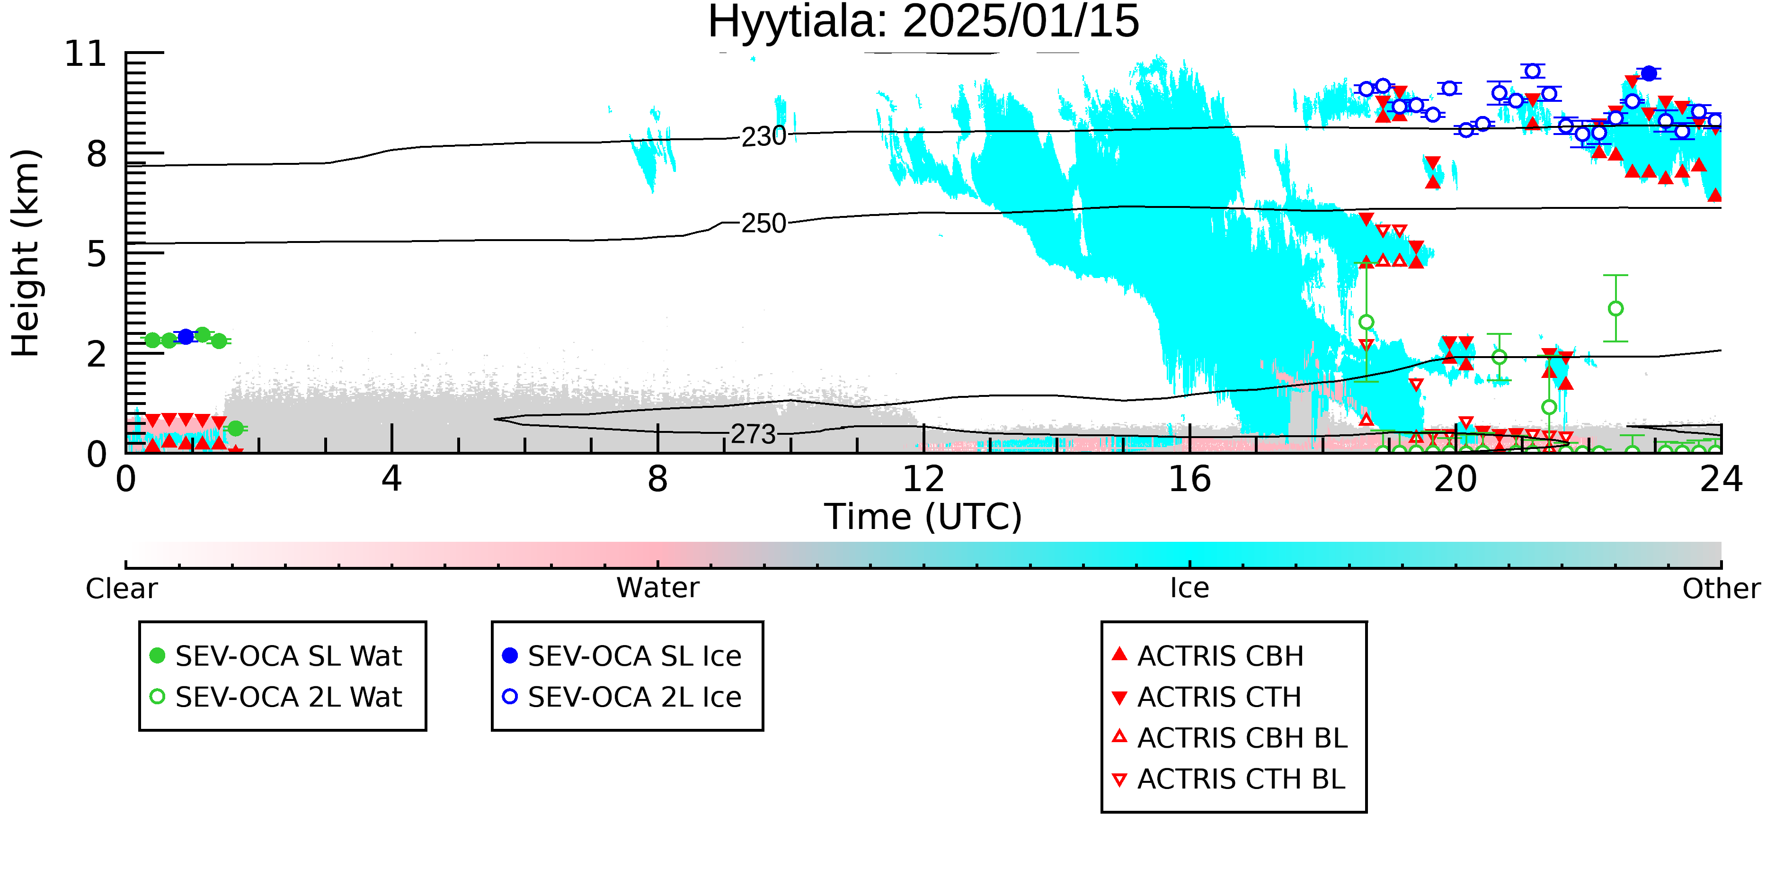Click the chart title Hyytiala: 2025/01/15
[x=923, y=22]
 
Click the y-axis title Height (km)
[x=26, y=253]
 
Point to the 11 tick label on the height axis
[x=86, y=54]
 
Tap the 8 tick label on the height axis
[x=97, y=154]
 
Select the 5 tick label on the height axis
[x=97, y=254]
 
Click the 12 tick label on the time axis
[x=923, y=479]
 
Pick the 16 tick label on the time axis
[x=1189, y=479]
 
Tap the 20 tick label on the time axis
[x=1455, y=479]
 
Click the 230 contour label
[x=763, y=136]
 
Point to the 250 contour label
[x=763, y=224]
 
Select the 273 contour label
[x=753, y=434]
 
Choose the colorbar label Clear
[x=121, y=589]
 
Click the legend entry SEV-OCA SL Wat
[x=275, y=655]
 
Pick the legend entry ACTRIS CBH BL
[x=1229, y=738]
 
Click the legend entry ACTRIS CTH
[x=1207, y=697]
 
